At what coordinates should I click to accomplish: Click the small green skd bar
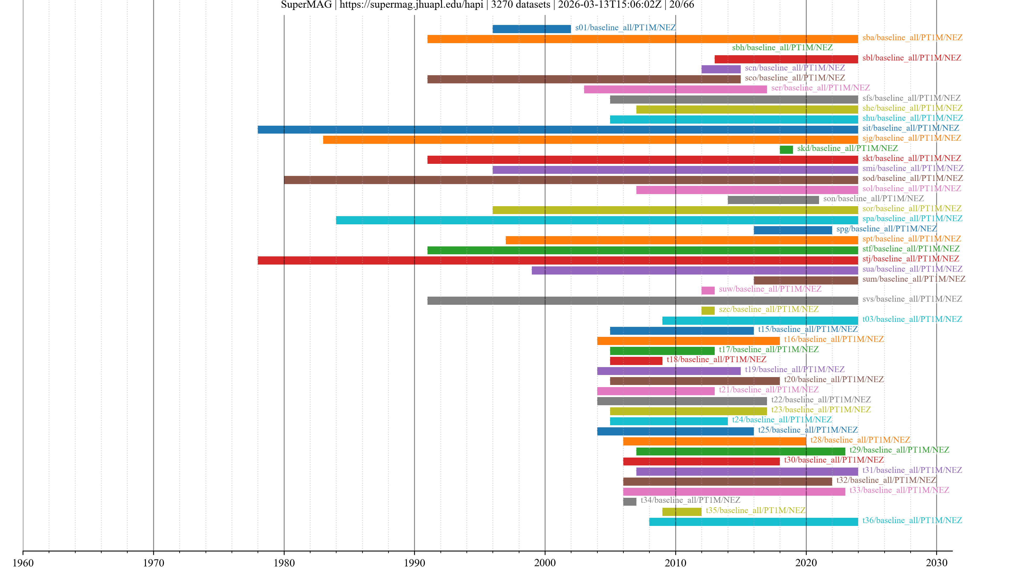[786, 149]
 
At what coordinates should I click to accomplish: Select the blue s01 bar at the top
[532, 29]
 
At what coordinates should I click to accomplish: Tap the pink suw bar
[708, 290]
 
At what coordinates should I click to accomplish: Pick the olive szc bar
[708, 311]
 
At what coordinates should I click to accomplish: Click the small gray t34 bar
[630, 501]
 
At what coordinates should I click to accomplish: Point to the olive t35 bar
[682, 511]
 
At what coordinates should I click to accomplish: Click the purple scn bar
[721, 69]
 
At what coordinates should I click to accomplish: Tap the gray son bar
[773, 200]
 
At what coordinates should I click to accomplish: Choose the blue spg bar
[792, 230]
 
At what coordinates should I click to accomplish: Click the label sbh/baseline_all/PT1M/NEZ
[782, 47]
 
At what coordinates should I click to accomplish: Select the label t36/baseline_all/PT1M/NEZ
[912, 520]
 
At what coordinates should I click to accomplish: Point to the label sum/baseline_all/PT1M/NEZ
[913, 279]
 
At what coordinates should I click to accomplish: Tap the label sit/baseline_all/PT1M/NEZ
[910, 128]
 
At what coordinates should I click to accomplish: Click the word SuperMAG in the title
[306, 5]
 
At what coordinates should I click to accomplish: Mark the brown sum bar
[805, 280]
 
